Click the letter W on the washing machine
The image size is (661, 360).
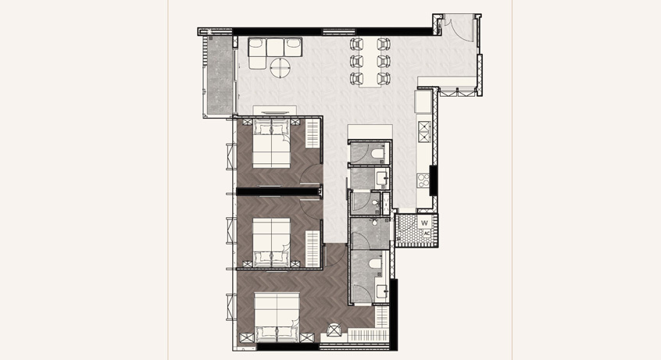click(x=424, y=223)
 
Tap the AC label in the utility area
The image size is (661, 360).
click(x=427, y=233)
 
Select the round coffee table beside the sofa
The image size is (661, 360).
click(x=280, y=68)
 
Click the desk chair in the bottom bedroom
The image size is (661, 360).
click(x=334, y=330)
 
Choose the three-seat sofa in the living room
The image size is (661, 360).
click(x=275, y=53)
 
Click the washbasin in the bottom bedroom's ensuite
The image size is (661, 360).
click(x=382, y=290)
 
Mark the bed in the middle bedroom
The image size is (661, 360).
click(x=271, y=242)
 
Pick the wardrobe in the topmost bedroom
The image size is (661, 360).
click(x=313, y=134)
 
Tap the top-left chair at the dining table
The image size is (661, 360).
click(x=356, y=44)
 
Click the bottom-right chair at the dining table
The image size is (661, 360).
click(x=383, y=78)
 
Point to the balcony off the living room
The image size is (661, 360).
click(x=218, y=76)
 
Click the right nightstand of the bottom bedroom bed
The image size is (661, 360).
click(x=307, y=337)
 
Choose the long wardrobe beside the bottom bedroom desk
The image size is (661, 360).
click(x=367, y=336)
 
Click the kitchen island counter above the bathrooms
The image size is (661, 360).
click(x=370, y=131)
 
